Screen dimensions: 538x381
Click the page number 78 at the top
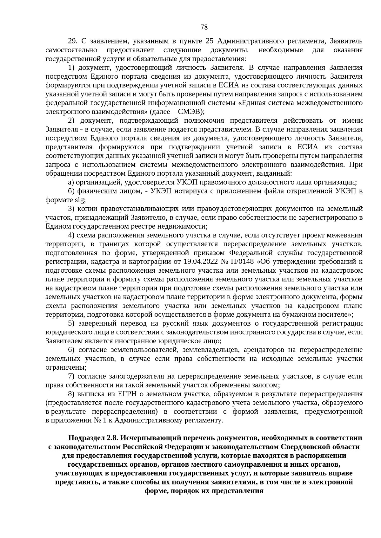point(204,27)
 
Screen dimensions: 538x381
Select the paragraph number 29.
point(73,41)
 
